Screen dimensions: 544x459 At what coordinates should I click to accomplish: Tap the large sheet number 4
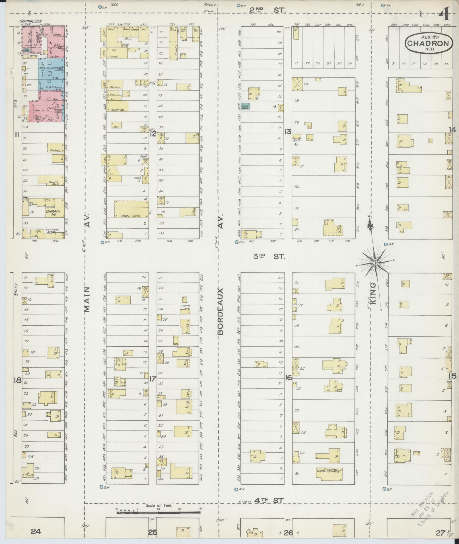pyautogui.click(x=445, y=14)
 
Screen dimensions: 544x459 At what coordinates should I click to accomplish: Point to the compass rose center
pyautogui.click(x=375, y=263)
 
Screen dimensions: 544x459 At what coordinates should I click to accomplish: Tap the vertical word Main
pyautogui.click(x=87, y=299)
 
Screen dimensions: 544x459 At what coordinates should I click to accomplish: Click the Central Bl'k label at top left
pyautogui.click(x=29, y=21)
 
